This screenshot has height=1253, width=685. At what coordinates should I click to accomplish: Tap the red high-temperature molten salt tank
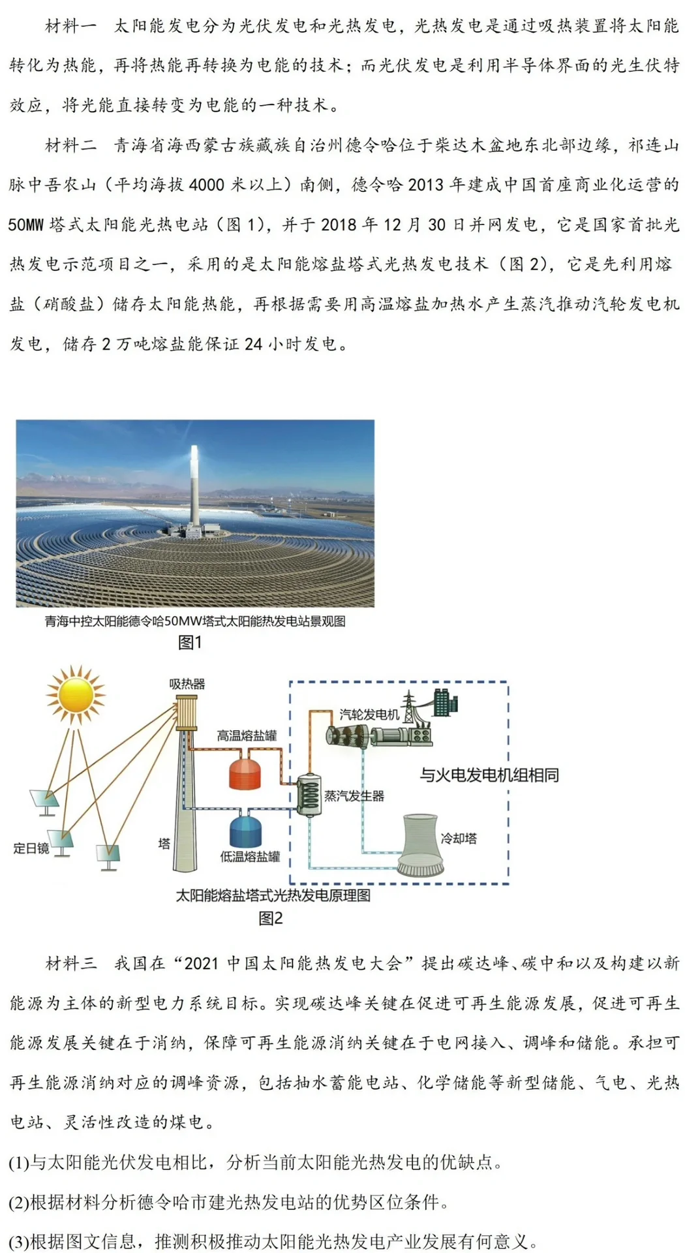[x=245, y=771]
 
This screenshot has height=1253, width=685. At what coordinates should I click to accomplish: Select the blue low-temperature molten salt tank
[x=245, y=830]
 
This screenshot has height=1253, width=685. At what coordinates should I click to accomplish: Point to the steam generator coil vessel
[x=309, y=795]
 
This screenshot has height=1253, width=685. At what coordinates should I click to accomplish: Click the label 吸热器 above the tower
[x=187, y=684]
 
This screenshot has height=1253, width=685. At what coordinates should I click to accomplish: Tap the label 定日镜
[x=31, y=848]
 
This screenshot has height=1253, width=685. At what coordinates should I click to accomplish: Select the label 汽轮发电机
[x=369, y=714]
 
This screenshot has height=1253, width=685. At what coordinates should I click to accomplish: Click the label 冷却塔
[x=459, y=838]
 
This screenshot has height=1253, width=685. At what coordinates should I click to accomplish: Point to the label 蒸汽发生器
[x=354, y=796]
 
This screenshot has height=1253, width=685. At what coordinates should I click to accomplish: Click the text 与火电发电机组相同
[x=489, y=775]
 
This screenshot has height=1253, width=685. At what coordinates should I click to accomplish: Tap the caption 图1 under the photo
[x=190, y=642]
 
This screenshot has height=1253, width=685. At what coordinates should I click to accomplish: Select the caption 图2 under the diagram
[x=270, y=918]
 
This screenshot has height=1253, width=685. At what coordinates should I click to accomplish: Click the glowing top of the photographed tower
[x=194, y=450]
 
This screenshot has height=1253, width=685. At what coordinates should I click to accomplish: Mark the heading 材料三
[x=71, y=963]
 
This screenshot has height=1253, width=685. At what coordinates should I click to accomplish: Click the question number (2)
[x=19, y=1201]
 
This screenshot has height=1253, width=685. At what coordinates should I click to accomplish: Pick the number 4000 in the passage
[x=207, y=185]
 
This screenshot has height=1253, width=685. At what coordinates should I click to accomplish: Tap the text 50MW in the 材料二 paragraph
[x=25, y=224]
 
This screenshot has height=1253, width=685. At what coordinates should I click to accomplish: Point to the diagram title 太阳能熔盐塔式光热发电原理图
[x=273, y=895]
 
